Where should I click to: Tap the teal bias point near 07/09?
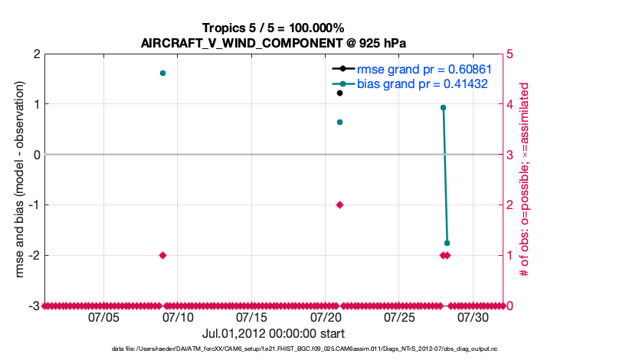point(162,73)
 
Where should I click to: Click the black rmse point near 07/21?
point(339,93)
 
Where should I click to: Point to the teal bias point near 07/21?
point(339,122)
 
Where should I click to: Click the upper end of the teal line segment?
point(443,108)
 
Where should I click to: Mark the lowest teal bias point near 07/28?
point(447,243)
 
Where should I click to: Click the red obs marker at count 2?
point(339,205)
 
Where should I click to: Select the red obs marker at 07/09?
point(162,255)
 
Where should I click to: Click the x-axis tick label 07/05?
point(103,317)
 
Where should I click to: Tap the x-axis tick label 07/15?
point(251,317)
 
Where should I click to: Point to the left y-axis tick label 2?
point(35,54)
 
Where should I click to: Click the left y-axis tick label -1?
point(33,205)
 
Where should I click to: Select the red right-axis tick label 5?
point(510,54)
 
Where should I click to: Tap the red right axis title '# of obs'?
point(526,179)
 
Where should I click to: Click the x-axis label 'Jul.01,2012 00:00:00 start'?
point(273,333)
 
